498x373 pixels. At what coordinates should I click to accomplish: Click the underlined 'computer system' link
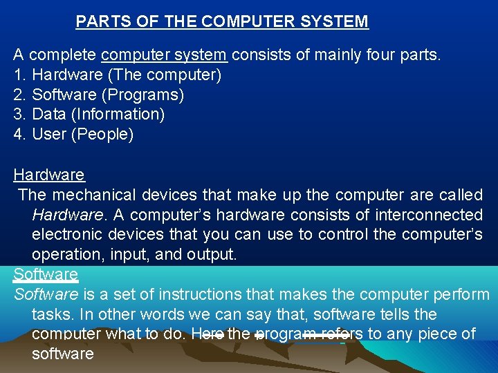click(x=164, y=55)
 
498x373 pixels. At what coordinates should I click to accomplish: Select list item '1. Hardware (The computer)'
click(x=118, y=75)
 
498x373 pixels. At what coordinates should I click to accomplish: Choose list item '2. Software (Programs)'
click(x=99, y=94)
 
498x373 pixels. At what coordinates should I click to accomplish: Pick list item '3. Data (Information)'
click(x=89, y=114)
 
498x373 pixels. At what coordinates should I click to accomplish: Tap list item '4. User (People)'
click(x=74, y=134)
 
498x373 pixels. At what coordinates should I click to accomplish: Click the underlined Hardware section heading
click(x=48, y=175)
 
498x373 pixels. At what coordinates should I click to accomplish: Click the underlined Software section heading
click(x=46, y=274)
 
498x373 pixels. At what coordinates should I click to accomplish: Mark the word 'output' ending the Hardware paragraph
click(x=210, y=254)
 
